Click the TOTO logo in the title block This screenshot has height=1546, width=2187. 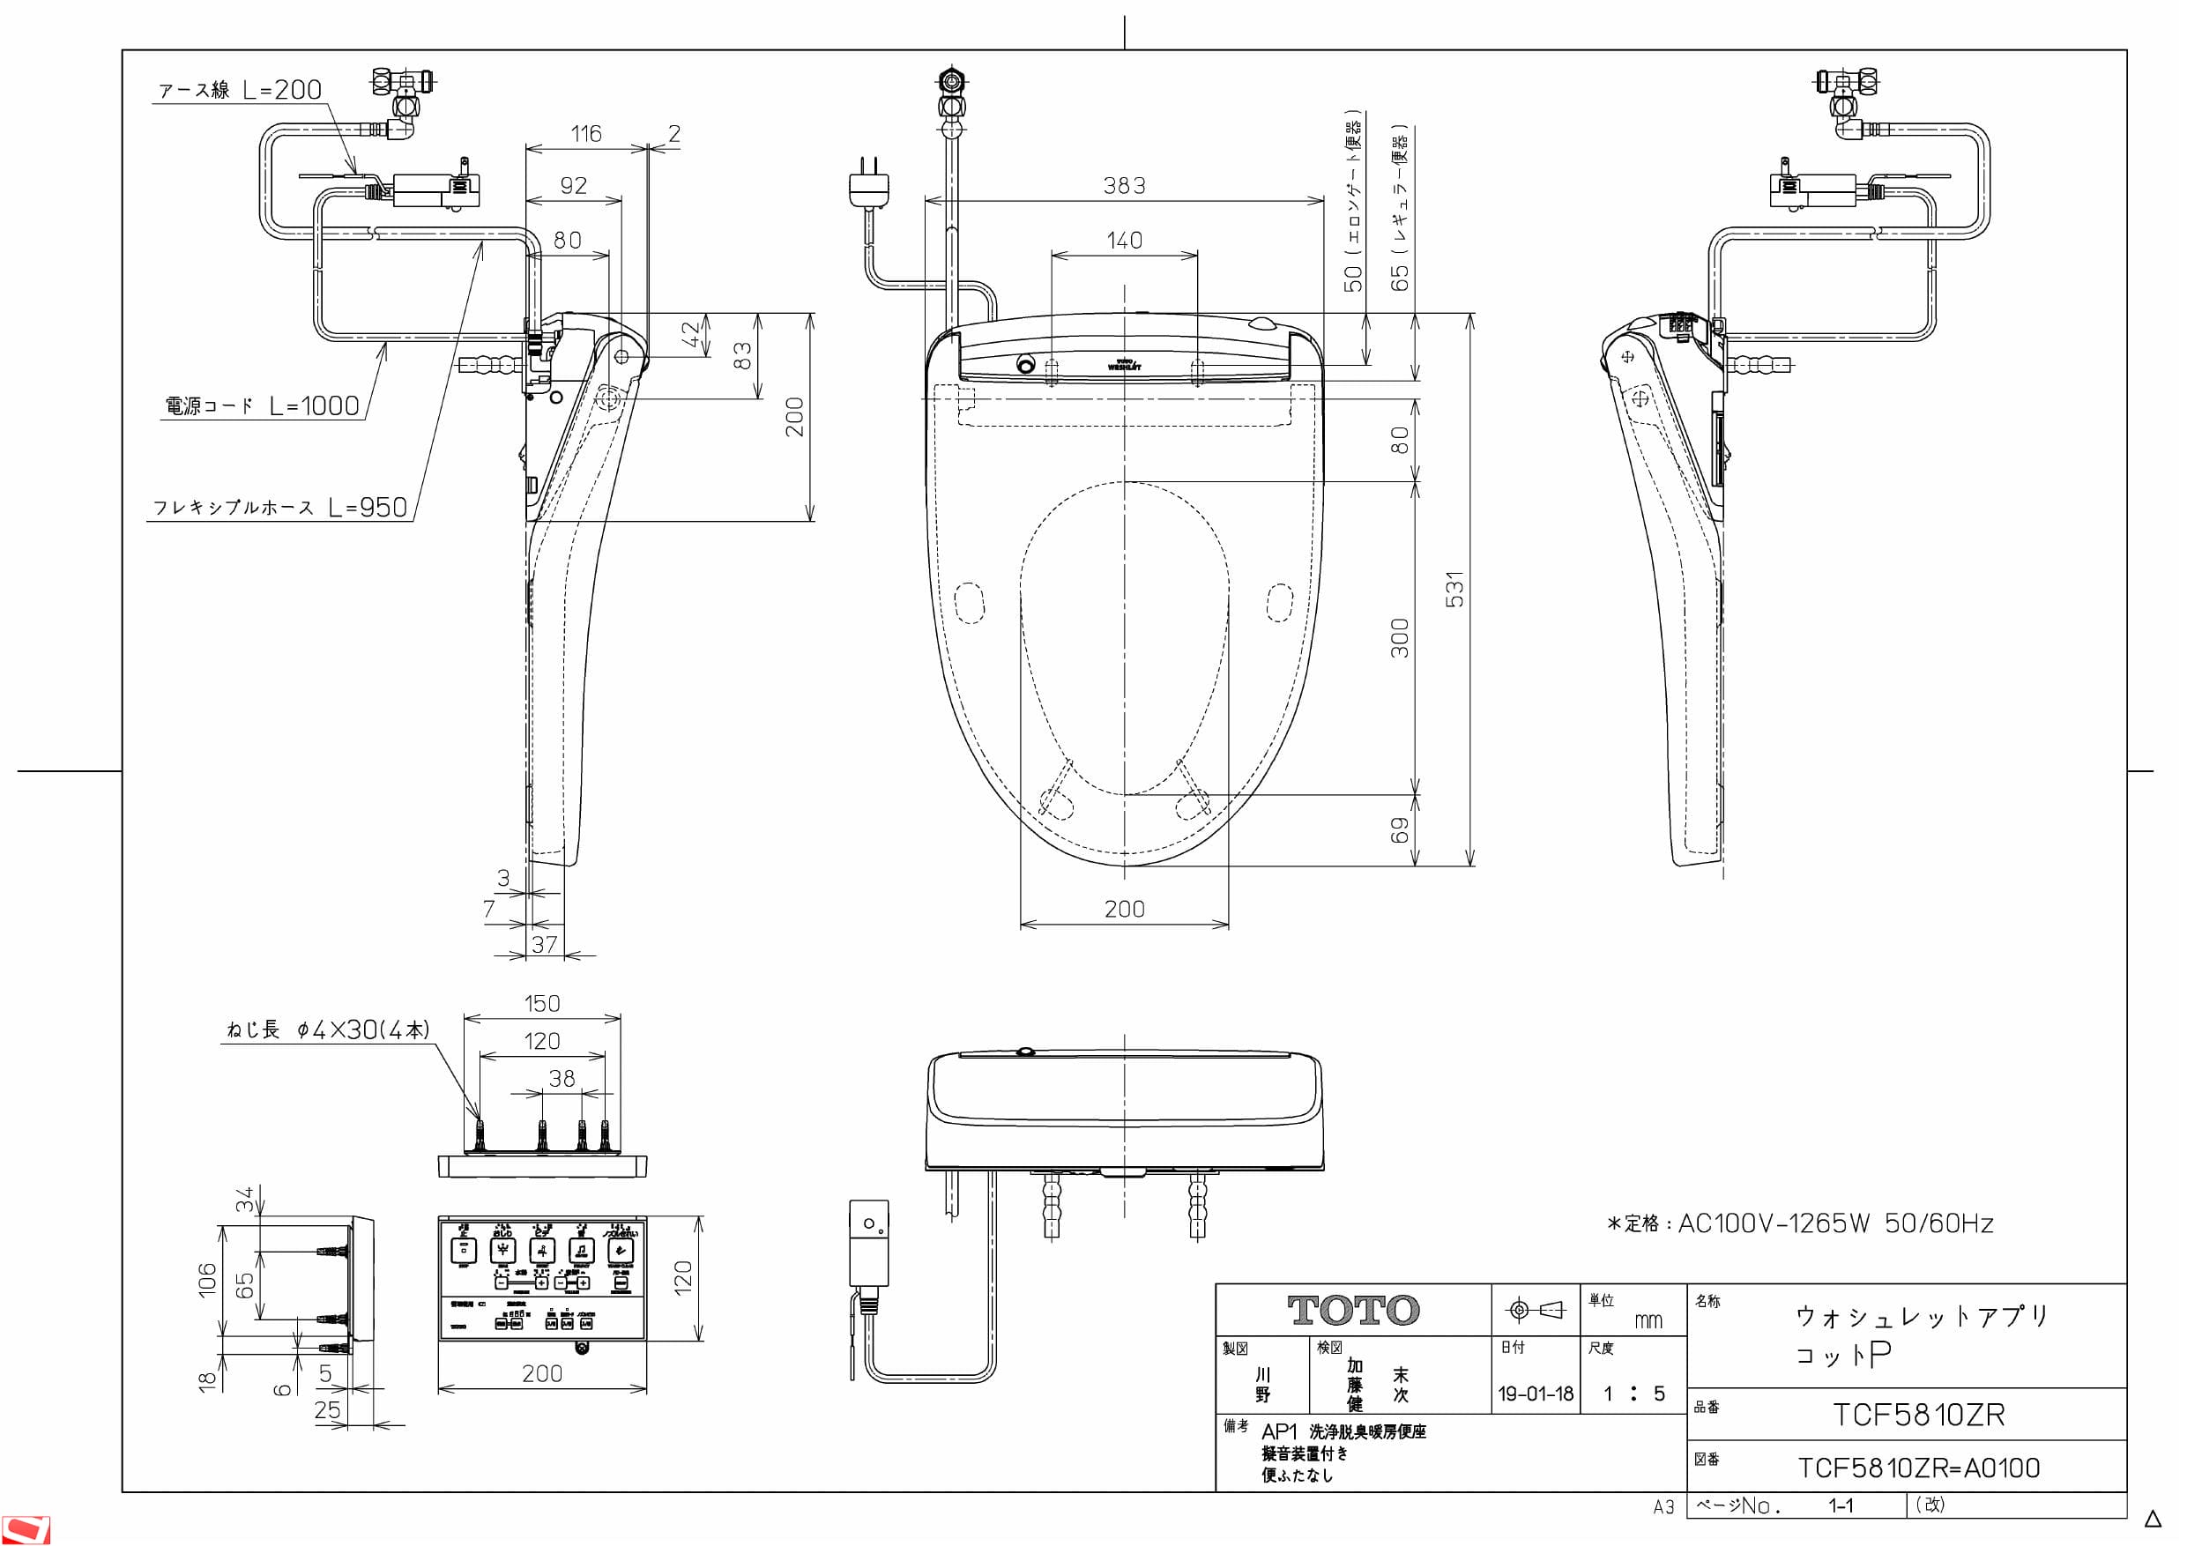pos(1352,1311)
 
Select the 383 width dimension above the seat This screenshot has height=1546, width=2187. pos(1124,186)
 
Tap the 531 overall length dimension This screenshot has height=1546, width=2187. pos(1454,589)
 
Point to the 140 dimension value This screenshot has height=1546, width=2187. pos(1124,240)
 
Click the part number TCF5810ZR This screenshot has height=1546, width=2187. pos(1918,1415)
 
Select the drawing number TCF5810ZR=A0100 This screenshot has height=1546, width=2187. pos(1918,1468)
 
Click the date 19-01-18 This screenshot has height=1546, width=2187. pos(1536,1394)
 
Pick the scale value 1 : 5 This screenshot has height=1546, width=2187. pos(1633,1394)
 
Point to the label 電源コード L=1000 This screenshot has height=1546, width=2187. pos(262,405)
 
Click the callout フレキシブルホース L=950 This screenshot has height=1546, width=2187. pos(280,507)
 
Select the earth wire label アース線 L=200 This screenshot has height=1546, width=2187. pos(240,90)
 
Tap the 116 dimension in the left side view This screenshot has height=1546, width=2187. pos(586,133)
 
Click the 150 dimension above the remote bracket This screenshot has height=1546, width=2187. pos(542,1003)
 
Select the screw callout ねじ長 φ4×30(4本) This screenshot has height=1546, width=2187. pos(328,1029)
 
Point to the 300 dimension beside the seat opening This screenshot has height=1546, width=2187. pos(1399,637)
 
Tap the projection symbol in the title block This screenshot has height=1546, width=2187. pos(1536,1311)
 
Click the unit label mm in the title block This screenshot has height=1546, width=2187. pos(1648,1320)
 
